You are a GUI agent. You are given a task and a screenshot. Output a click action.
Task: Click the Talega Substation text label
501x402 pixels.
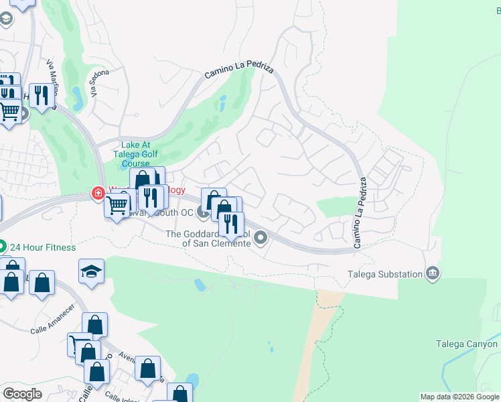tap(385, 273)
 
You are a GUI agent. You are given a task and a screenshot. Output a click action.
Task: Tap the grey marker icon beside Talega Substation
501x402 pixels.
tap(433, 273)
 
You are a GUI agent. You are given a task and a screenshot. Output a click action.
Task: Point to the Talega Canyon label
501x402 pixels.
tap(467, 344)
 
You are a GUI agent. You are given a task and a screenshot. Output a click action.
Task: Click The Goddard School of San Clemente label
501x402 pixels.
tap(208, 239)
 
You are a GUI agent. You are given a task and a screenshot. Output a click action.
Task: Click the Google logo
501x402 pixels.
tap(22, 393)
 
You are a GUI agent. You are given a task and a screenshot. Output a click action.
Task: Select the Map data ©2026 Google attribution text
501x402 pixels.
tap(459, 397)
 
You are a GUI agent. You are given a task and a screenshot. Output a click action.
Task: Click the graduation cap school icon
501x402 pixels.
tap(91, 271)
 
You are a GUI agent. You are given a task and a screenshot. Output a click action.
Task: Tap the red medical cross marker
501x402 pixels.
tap(98, 194)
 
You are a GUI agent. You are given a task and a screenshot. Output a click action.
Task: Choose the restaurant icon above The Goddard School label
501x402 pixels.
tap(231, 223)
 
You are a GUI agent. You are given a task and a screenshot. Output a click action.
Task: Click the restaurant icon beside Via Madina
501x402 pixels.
tap(42, 95)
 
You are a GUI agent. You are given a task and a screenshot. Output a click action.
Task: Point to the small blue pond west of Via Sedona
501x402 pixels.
tap(77, 98)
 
